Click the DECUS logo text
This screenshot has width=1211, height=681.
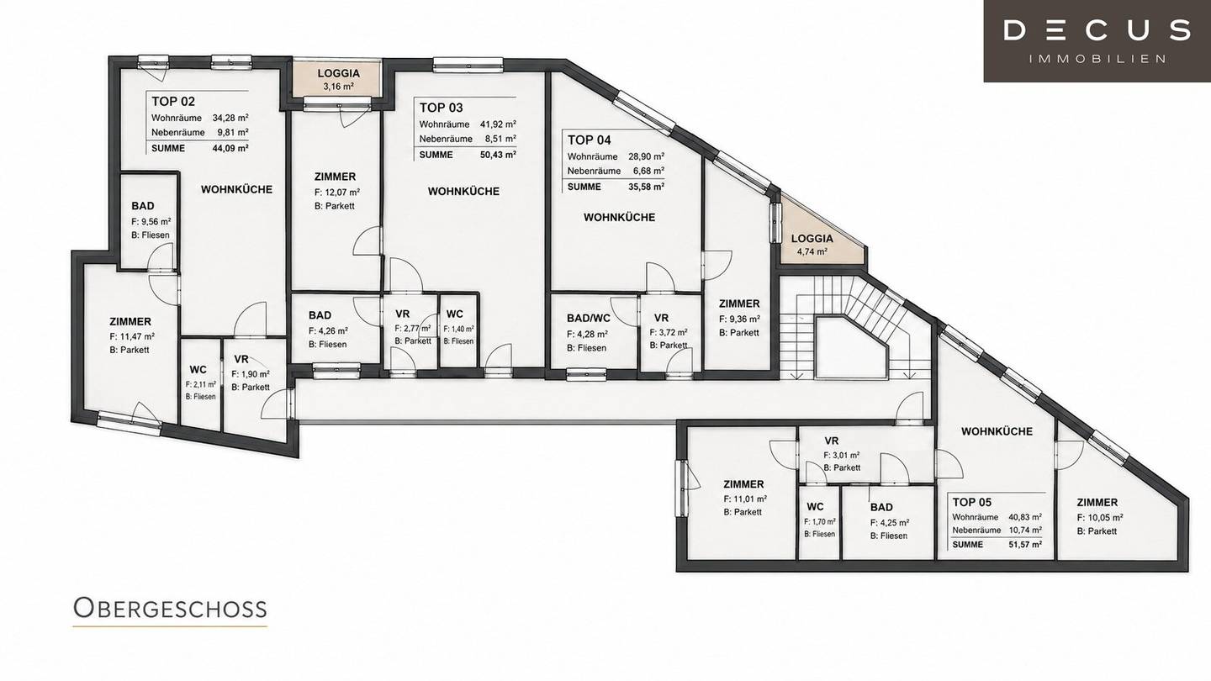[x=1097, y=30]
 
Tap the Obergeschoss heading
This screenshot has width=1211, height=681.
[x=170, y=608]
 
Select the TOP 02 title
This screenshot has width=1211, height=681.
[x=173, y=101]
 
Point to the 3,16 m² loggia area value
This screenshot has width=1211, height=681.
[x=338, y=87]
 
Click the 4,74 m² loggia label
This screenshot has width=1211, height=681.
[x=812, y=251]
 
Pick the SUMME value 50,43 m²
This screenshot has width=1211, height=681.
[x=498, y=155]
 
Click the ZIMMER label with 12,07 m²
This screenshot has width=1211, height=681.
[x=336, y=177]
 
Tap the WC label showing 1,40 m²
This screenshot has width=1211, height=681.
[x=455, y=314]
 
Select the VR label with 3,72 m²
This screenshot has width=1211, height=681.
[x=661, y=318]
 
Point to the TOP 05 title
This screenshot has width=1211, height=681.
[x=972, y=502]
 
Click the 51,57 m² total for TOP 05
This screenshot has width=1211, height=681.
[x=1025, y=544]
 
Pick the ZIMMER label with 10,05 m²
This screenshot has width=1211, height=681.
[x=1097, y=502]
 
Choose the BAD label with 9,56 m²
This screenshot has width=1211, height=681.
[x=143, y=206]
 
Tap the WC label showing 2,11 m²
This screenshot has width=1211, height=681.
[x=198, y=370]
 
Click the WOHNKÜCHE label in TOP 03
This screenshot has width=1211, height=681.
[x=463, y=192]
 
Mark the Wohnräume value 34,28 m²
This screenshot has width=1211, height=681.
[x=230, y=118]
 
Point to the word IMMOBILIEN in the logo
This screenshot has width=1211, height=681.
[x=1097, y=59]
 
